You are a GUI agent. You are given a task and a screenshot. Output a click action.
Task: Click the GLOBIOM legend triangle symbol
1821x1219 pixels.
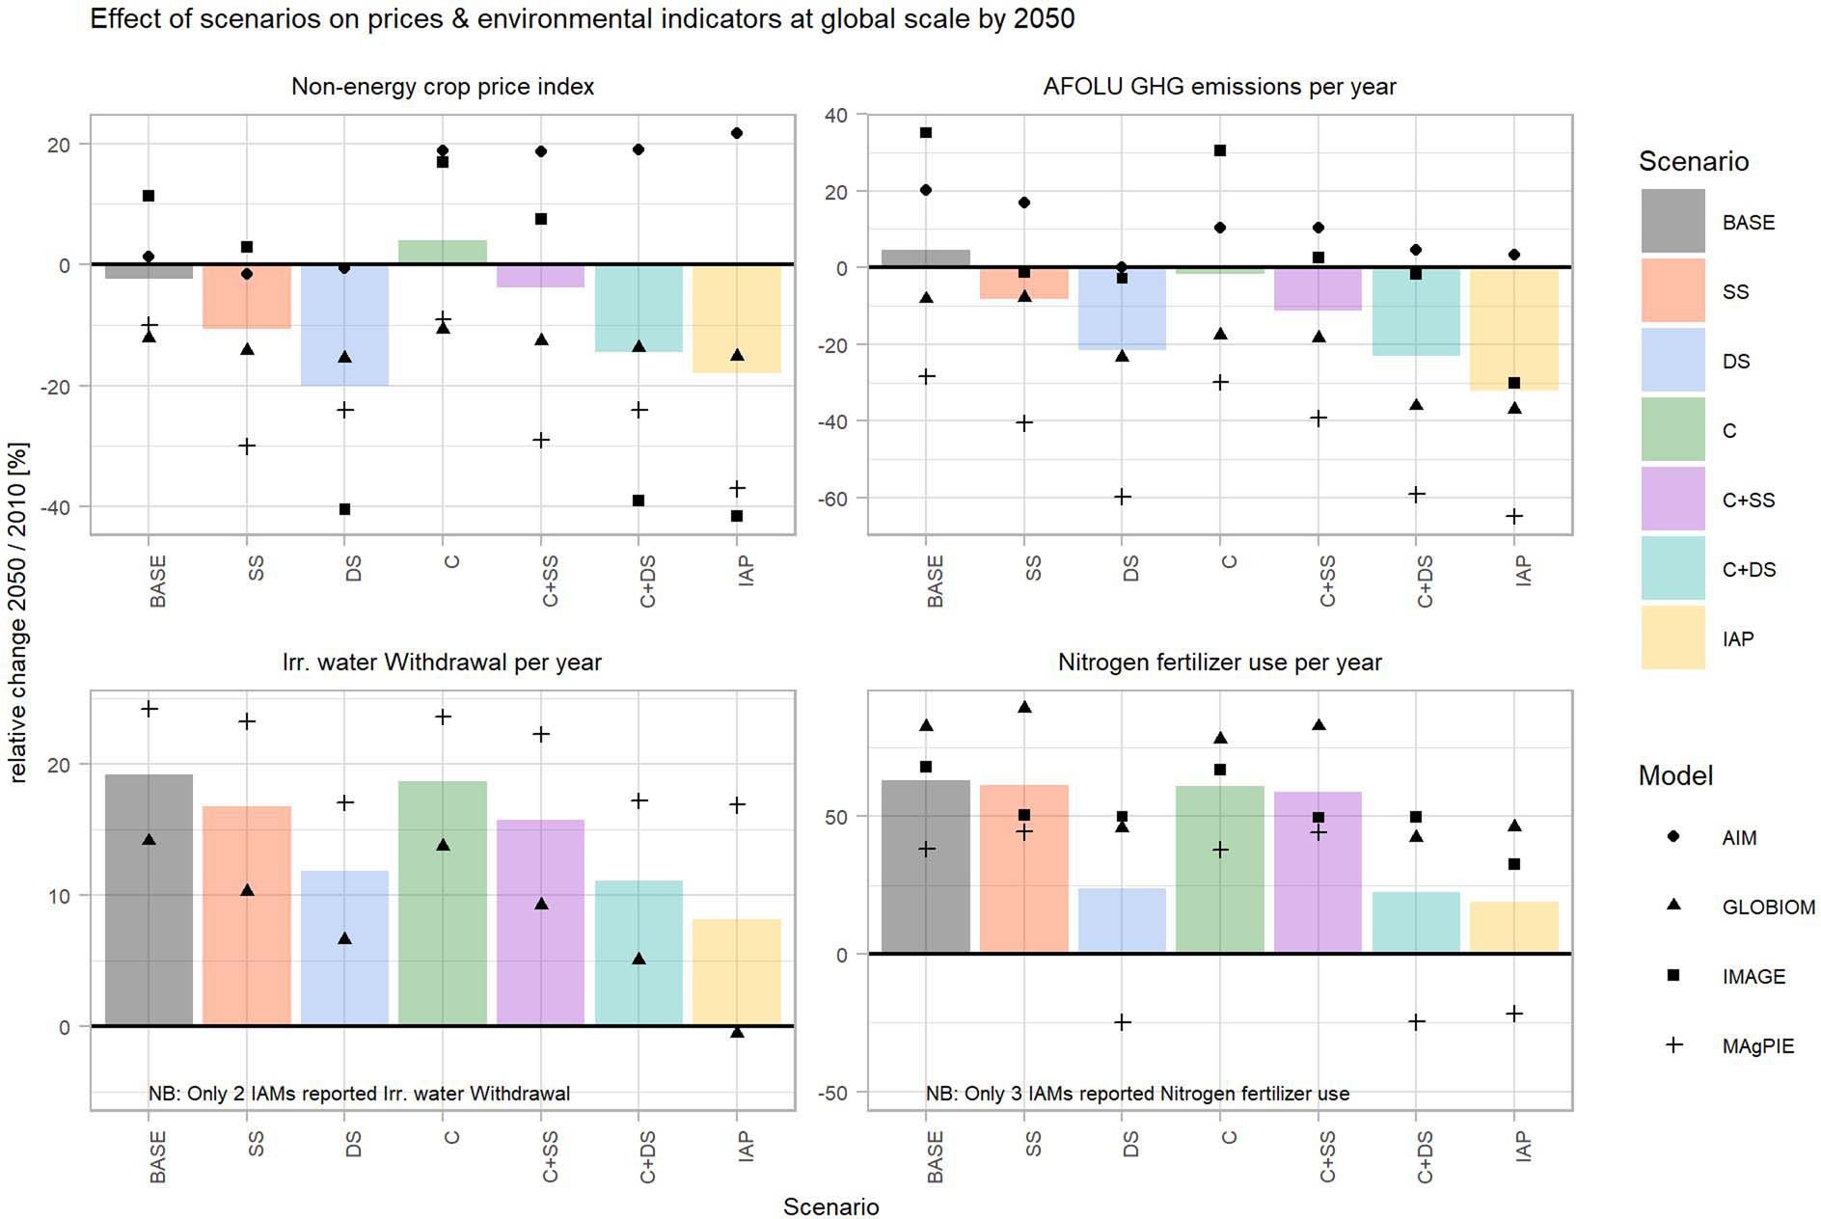click(1674, 906)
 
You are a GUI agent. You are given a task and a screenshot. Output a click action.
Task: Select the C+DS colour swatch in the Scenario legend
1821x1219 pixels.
click(1672, 569)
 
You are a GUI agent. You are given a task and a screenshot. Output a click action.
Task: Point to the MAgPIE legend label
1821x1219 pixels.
click(1757, 1046)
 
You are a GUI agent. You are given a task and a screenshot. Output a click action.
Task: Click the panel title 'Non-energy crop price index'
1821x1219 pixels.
click(443, 87)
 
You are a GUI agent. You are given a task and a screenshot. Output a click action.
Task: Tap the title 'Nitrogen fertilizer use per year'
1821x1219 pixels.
click(1219, 663)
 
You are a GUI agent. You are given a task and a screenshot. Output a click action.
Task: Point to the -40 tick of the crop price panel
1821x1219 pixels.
click(62, 507)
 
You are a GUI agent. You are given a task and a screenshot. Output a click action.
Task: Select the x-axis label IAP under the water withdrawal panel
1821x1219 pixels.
click(745, 1146)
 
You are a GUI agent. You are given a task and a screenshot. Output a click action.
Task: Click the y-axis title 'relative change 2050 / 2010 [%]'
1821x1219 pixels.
click(19, 611)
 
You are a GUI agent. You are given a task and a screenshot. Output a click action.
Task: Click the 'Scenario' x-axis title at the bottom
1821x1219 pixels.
click(830, 1206)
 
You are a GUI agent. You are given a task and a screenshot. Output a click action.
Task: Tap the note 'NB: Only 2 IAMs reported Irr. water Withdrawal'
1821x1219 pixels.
click(359, 1094)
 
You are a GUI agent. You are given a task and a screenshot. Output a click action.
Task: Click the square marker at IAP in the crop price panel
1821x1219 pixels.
click(737, 516)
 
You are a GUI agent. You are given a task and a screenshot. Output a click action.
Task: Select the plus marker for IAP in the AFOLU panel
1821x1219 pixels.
click(1514, 517)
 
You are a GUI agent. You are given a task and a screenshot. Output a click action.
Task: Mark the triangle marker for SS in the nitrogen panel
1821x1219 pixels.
click(1024, 707)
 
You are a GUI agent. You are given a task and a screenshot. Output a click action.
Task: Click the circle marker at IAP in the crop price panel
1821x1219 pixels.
click(737, 133)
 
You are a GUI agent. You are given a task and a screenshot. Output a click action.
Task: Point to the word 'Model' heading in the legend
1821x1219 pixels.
click(1675, 775)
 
